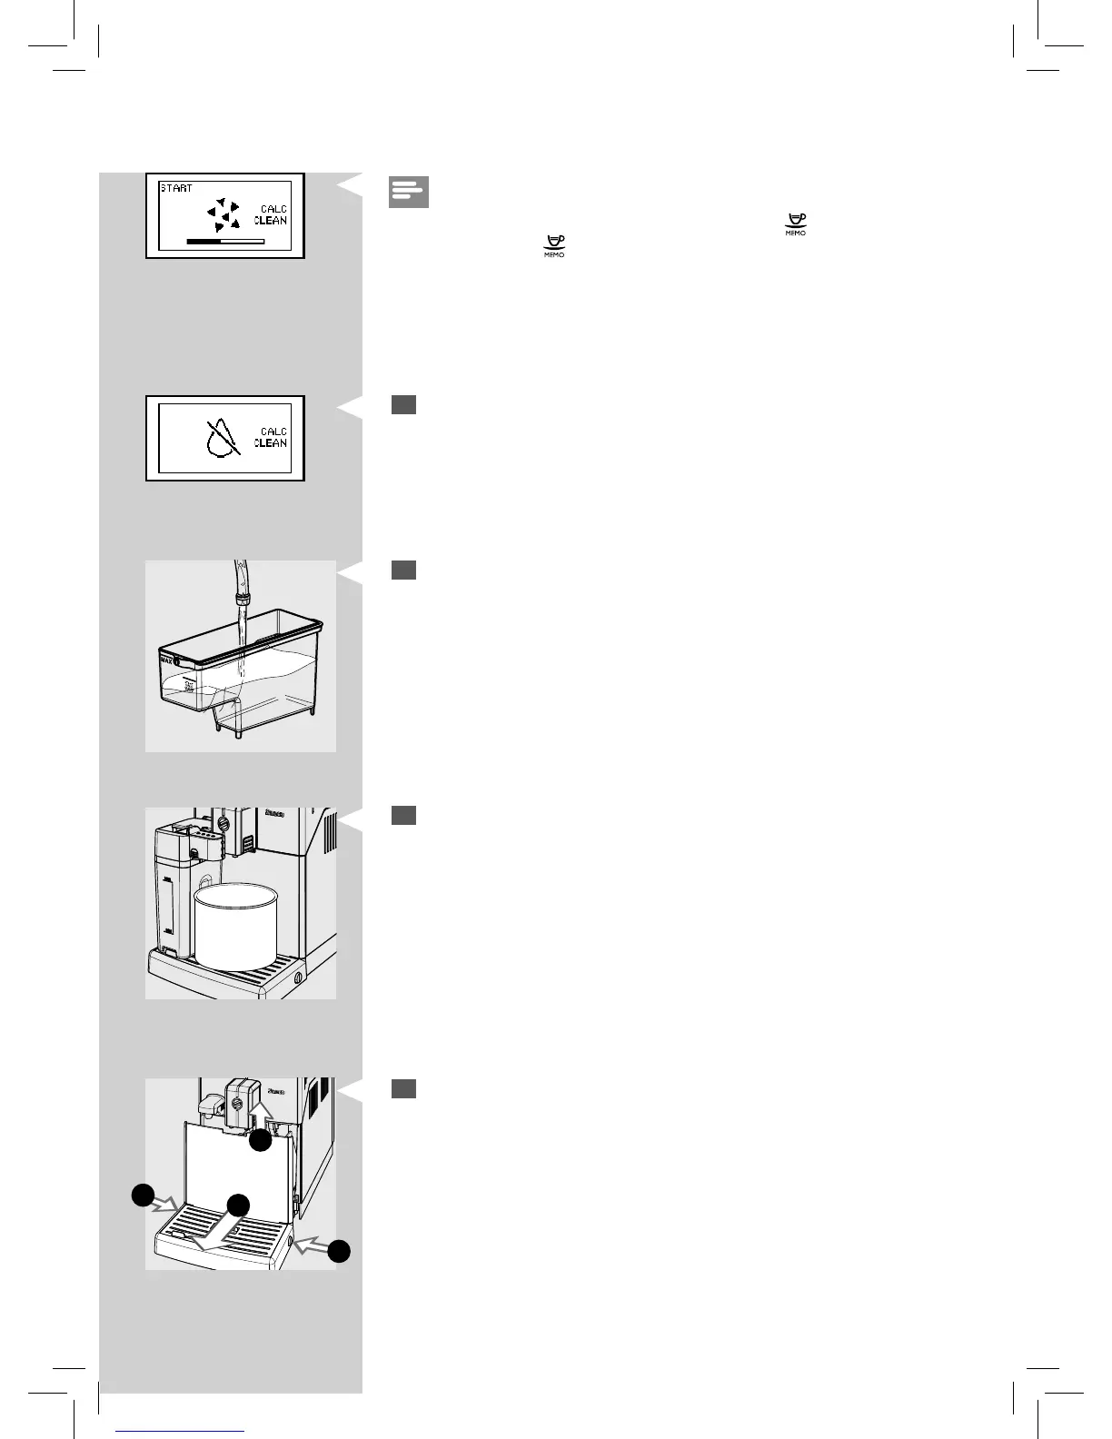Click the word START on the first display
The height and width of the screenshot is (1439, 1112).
click(176, 188)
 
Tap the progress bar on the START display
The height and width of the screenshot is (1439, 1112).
click(224, 242)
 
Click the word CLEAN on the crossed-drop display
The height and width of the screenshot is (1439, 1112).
click(271, 443)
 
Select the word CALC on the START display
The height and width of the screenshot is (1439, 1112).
click(273, 209)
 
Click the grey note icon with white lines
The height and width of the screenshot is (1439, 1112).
click(409, 192)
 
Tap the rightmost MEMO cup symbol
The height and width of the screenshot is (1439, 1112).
click(796, 224)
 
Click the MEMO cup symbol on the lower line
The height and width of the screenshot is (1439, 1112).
click(553, 246)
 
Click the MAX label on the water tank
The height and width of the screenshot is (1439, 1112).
click(166, 661)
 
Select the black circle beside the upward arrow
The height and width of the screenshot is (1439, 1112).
click(261, 1142)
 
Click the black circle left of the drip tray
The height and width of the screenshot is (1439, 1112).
click(142, 1195)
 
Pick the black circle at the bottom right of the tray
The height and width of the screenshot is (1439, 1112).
click(339, 1251)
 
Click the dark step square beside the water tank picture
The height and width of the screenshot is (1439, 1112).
click(404, 570)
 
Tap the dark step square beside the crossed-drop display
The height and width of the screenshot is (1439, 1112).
click(404, 404)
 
